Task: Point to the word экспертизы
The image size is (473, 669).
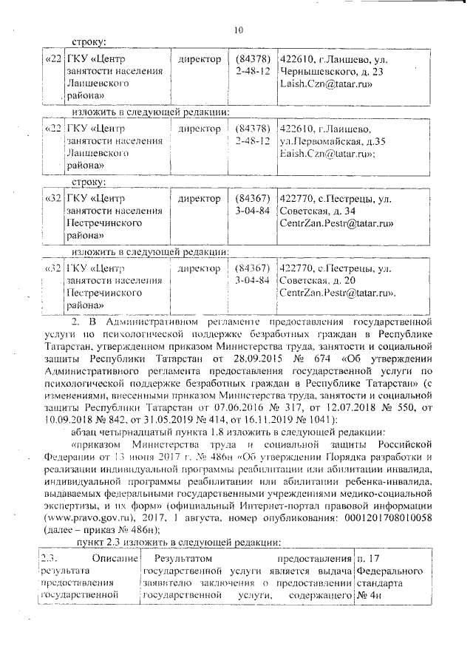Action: pos(72,507)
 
